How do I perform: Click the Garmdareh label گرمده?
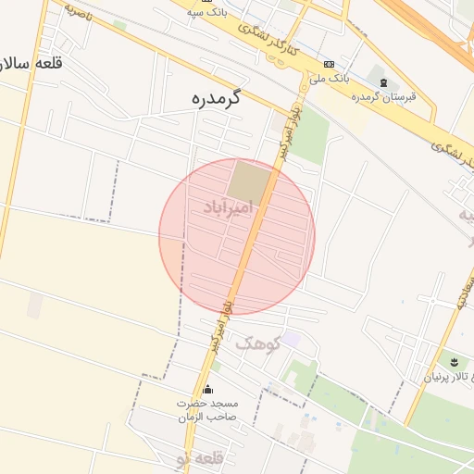click(x=214, y=97)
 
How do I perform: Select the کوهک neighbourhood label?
click(x=256, y=343)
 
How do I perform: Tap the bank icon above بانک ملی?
click(x=330, y=63)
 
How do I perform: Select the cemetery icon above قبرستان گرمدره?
click(x=383, y=83)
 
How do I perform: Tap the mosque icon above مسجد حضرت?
click(x=207, y=389)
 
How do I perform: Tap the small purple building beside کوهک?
click(x=291, y=340)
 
